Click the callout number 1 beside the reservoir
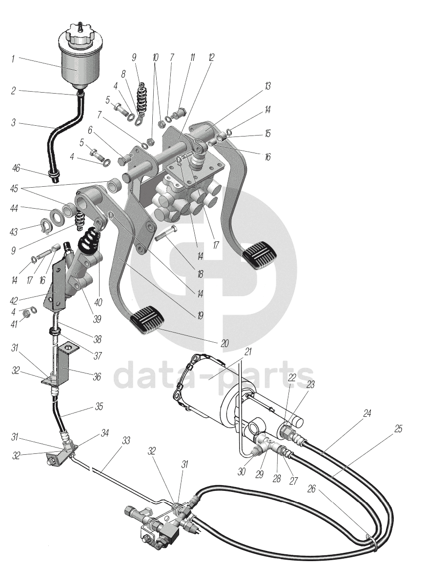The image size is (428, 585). click(x=13, y=59)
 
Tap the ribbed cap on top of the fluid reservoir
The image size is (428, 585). click(x=79, y=36)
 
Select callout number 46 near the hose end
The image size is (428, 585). click(x=16, y=169)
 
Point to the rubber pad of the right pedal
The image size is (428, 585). click(x=259, y=255)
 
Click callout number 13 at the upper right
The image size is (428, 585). click(x=267, y=86)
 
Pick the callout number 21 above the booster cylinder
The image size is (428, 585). click(x=248, y=352)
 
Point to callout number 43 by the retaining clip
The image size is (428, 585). click(x=14, y=232)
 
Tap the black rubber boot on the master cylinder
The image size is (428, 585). click(x=88, y=238)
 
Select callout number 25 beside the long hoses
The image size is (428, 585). click(x=398, y=429)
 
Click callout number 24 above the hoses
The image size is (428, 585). click(x=367, y=413)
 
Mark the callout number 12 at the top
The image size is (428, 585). click(x=211, y=58)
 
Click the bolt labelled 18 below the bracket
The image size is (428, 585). click(x=166, y=234)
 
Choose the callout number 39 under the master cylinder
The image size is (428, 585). click(x=97, y=319)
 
